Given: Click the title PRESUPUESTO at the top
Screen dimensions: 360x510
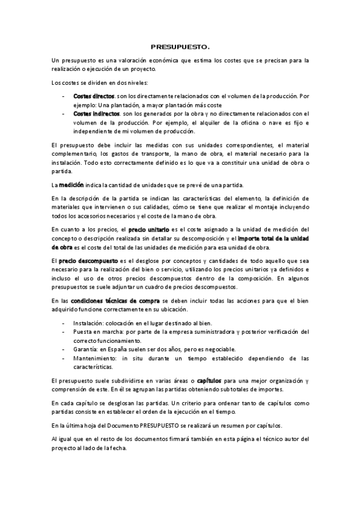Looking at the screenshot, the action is click(x=180, y=46).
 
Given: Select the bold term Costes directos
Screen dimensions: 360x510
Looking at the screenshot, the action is click(x=94, y=96).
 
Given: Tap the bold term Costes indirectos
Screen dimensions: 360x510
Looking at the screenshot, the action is click(x=96, y=112).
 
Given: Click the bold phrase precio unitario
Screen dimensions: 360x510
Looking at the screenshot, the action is click(x=148, y=229).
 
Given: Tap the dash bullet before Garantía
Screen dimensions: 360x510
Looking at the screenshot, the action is click(x=64, y=349).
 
